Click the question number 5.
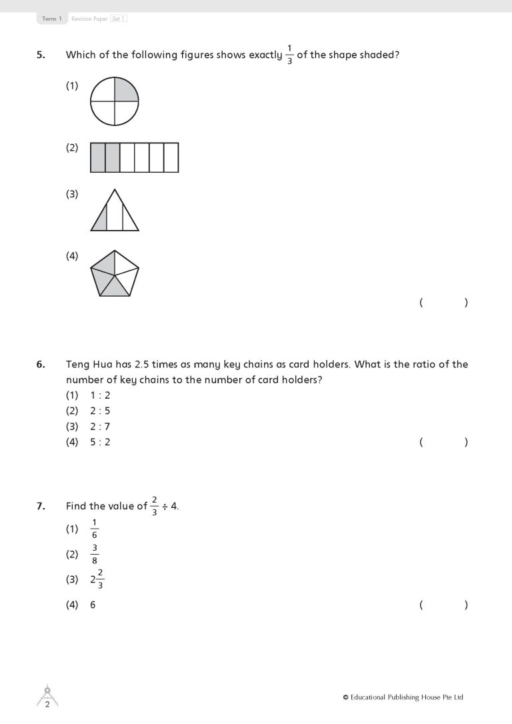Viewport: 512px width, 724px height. tap(41, 55)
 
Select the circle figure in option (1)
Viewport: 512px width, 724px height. tap(115, 101)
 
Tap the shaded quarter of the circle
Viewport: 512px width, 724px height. tap(126, 90)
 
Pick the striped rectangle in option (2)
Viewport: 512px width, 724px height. tap(135, 157)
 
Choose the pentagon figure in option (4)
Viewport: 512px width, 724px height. tap(115, 273)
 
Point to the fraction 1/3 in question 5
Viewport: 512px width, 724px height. tap(289, 55)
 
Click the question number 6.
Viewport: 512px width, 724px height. tap(41, 365)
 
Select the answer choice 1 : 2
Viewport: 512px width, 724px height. tap(100, 395)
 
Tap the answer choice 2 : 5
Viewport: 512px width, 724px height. tap(100, 411)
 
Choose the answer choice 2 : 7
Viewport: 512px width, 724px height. tap(100, 427)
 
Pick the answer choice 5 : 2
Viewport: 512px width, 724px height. tap(100, 442)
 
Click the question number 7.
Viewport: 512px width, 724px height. tap(41, 506)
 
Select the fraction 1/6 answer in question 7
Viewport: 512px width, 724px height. tap(95, 529)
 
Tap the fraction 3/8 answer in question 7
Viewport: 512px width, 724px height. tap(95, 554)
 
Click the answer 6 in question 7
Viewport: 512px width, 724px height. tap(93, 605)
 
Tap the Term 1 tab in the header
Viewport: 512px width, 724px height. tap(51, 19)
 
